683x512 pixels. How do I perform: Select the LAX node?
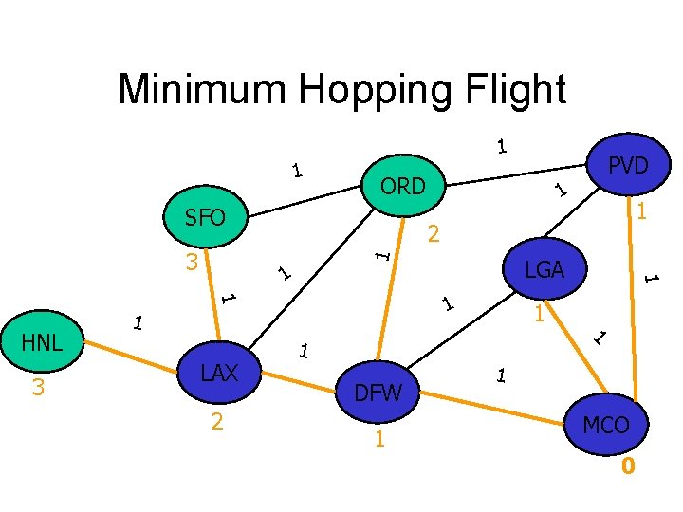[x=219, y=374]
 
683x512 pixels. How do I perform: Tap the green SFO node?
[x=205, y=218]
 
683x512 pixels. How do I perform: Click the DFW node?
[x=378, y=391]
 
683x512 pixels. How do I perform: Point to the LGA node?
[x=545, y=270]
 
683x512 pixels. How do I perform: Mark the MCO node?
[x=606, y=425]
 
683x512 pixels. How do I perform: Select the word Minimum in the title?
[x=203, y=90]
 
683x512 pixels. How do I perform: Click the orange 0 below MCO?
[x=627, y=466]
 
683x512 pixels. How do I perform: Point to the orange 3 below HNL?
[x=39, y=388]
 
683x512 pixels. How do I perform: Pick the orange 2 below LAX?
[x=217, y=421]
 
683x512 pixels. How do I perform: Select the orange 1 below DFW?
[x=379, y=438]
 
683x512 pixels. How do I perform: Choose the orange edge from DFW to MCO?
[x=493, y=402]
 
